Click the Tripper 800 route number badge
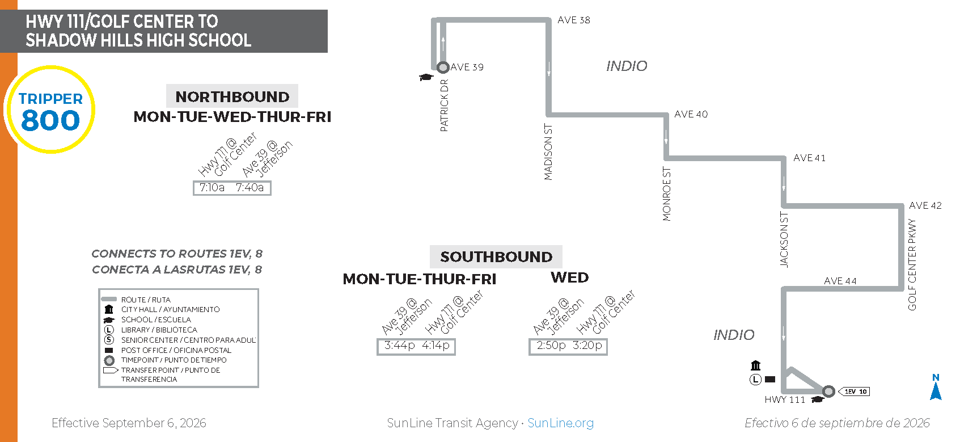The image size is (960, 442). (x=50, y=110)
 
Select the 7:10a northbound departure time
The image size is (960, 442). (x=212, y=187)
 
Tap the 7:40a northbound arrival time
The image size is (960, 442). (x=250, y=187)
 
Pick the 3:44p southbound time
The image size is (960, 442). (x=399, y=345)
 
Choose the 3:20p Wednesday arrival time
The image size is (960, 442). (x=587, y=345)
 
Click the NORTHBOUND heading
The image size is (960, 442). (x=232, y=96)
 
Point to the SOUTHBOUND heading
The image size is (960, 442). (x=496, y=257)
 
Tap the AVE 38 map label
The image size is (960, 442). (x=574, y=20)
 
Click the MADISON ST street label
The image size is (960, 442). (x=548, y=151)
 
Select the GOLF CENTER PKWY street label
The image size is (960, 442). (x=912, y=264)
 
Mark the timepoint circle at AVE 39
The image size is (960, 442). (x=443, y=68)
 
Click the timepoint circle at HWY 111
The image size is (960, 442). (x=828, y=391)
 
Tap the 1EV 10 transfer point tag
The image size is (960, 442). (x=854, y=392)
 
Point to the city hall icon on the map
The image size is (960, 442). (x=755, y=365)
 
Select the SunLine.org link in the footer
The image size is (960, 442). (x=561, y=423)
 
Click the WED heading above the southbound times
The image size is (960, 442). (x=569, y=277)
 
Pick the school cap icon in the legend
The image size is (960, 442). (x=109, y=320)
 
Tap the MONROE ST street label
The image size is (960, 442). (x=666, y=194)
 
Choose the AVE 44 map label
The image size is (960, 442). (x=840, y=281)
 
